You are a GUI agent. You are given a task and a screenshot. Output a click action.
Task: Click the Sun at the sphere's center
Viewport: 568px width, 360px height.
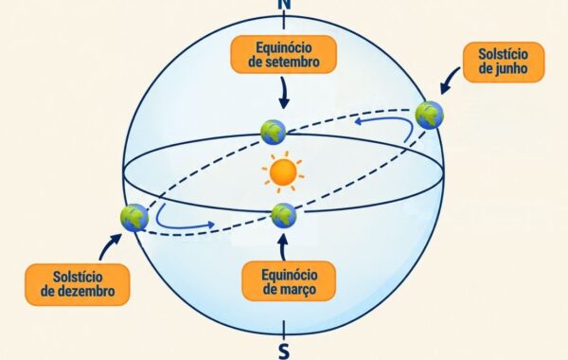(283, 172)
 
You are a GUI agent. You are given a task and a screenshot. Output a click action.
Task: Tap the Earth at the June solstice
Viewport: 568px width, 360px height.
(429, 116)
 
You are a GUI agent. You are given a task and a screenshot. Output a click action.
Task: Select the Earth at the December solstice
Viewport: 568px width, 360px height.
(134, 218)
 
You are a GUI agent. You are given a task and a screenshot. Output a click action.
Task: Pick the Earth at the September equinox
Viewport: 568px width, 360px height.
(274, 133)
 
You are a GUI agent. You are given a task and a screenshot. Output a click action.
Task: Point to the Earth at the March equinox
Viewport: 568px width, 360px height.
(284, 216)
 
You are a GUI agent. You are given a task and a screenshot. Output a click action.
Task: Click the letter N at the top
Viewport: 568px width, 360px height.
(284, 4)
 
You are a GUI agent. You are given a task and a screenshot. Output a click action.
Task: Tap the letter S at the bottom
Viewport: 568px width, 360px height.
(284, 351)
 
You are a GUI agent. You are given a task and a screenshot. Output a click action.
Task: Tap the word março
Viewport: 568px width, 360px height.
(298, 290)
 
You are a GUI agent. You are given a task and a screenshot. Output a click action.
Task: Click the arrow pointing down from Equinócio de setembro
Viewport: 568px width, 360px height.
(284, 93)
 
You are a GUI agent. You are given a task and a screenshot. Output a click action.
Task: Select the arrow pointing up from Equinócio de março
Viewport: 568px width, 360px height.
(284, 247)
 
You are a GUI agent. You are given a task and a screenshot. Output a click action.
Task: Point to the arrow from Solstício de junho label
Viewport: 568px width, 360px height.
(449, 81)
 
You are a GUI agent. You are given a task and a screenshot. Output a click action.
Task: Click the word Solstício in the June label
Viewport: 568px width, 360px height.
(504, 54)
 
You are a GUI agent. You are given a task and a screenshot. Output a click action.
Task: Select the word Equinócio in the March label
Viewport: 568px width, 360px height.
(290, 275)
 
